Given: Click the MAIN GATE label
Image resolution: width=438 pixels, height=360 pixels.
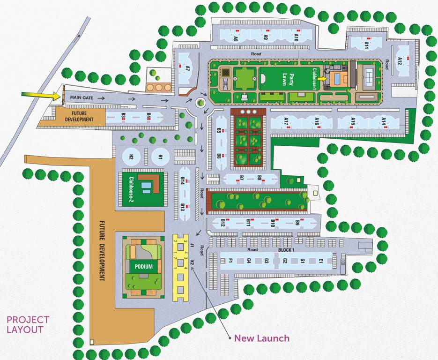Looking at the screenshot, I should point(82,98).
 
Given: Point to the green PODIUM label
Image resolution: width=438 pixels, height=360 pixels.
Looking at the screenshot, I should point(143,267).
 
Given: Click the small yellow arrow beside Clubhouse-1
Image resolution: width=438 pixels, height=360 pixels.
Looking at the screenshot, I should point(322,79).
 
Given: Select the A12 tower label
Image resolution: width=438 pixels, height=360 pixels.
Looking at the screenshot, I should point(400,61).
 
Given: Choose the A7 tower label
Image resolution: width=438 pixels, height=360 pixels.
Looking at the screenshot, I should point(187,68).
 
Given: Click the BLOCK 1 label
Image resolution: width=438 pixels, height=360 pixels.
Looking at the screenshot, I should point(286,250).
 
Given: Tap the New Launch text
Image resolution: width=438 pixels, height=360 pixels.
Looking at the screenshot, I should point(262,338).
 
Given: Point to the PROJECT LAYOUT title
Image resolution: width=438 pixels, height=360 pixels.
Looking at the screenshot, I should point(28,324).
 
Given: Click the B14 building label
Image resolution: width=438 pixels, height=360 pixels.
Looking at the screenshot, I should point(183,180).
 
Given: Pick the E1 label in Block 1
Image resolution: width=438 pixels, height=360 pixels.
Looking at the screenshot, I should point(321,261).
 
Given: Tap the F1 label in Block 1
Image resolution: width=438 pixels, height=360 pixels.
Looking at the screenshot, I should point(231,261).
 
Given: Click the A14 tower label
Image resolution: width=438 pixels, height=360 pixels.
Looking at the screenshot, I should point(384,121).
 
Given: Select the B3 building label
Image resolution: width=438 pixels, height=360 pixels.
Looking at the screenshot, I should point(124,115).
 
